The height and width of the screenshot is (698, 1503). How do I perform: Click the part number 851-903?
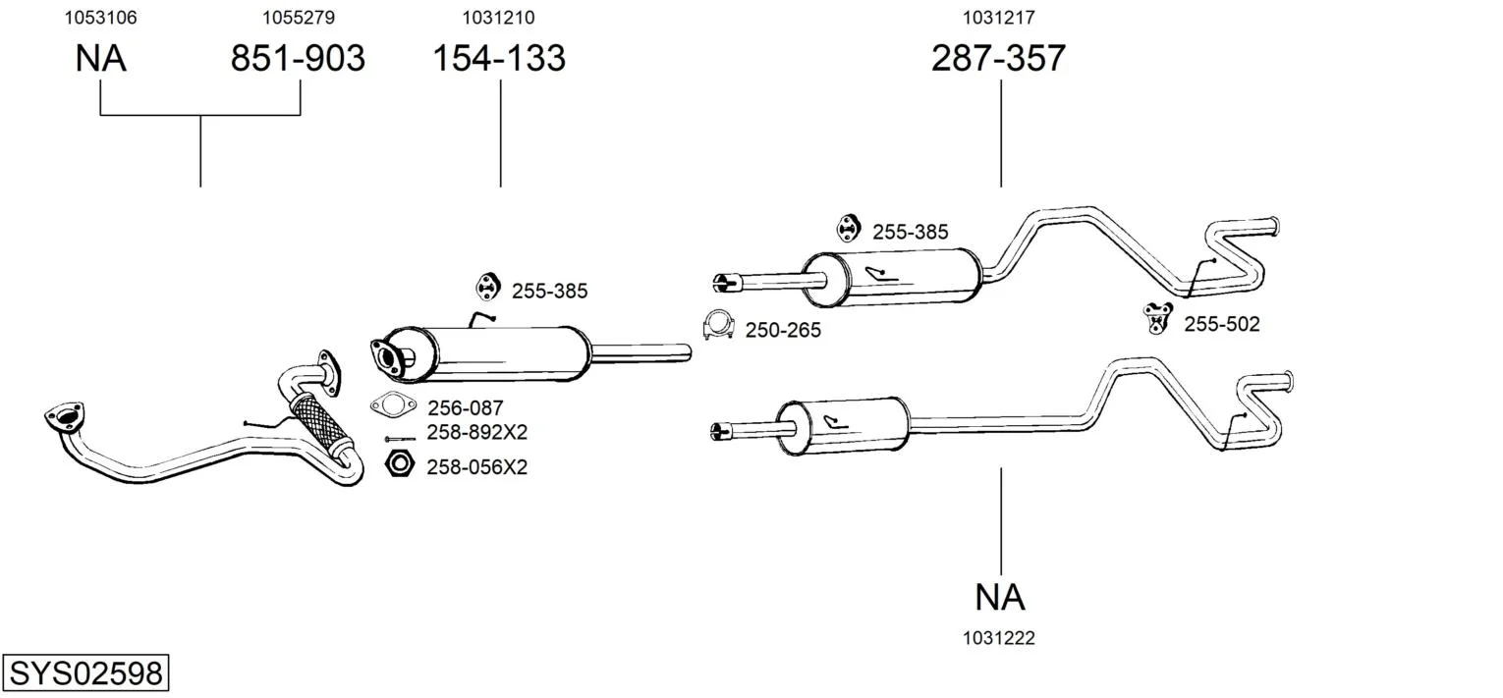[x=298, y=59]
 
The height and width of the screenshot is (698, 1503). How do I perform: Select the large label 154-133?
[x=499, y=59]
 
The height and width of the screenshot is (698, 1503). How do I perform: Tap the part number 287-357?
[x=998, y=59]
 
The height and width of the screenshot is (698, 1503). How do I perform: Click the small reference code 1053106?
[x=100, y=18]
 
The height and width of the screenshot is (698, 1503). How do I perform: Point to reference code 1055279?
[x=298, y=18]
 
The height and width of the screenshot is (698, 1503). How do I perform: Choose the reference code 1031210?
[x=499, y=18]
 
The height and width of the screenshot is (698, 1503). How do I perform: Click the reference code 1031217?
[x=998, y=18]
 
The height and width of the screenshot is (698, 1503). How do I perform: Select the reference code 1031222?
[x=999, y=638]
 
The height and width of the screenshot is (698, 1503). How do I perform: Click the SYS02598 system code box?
[x=85, y=673]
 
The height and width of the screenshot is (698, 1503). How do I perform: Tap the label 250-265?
[x=782, y=331]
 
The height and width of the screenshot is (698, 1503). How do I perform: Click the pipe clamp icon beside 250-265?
[x=719, y=326]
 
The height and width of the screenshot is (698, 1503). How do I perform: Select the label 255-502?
[x=1221, y=324]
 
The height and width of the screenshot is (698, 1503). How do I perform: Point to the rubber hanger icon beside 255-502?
[x=1159, y=318]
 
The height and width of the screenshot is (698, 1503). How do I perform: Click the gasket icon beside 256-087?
[x=393, y=403]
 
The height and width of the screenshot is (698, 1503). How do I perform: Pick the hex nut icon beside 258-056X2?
[x=399, y=464]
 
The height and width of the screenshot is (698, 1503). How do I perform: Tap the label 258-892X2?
[x=476, y=433]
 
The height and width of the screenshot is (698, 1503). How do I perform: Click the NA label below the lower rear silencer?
[x=1000, y=597]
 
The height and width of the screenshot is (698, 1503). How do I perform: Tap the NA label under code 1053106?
[x=100, y=59]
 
